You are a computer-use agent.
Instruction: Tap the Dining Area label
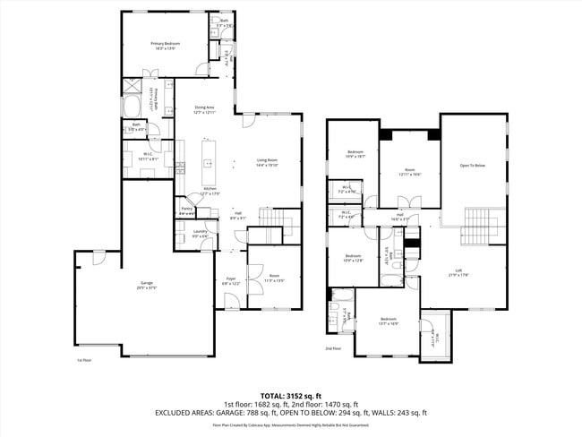pyautogui.click(x=205, y=110)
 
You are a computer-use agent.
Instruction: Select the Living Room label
pyautogui.click(x=268, y=162)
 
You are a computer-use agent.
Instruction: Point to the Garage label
pyautogui.click(x=147, y=287)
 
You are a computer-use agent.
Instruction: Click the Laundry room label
pyautogui.click(x=201, y=233)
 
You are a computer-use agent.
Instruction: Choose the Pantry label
pyautogui.click(x=187, y=212)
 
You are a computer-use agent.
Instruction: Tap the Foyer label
pyautogui.click(x=231, y=281)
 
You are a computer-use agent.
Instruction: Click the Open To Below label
pyautogui.click(x=472, y=166)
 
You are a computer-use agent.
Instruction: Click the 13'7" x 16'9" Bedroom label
pyautogui.click(x=388, y=321)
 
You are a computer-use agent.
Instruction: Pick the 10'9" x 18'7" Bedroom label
pyautogui.click(x=355, y=154)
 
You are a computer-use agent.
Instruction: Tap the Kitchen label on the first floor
pyautogui.click(x=210, y=191)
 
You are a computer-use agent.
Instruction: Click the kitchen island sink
pyautogui.click(x=209, y=164)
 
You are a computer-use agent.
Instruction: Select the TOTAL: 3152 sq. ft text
pyautogui.click(x=290, y=395)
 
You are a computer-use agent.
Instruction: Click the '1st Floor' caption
pyautogui.click(x=85, y=360)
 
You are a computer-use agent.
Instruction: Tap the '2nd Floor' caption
pyautogui.click(x=333, y=348)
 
